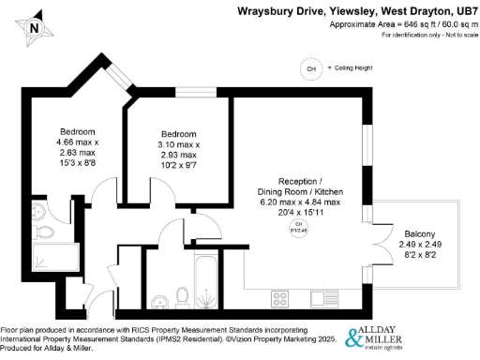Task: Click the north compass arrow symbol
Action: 34,26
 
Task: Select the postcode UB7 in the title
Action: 465,11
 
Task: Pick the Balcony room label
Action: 418,234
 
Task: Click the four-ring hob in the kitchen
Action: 279,299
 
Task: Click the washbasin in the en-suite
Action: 38,210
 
